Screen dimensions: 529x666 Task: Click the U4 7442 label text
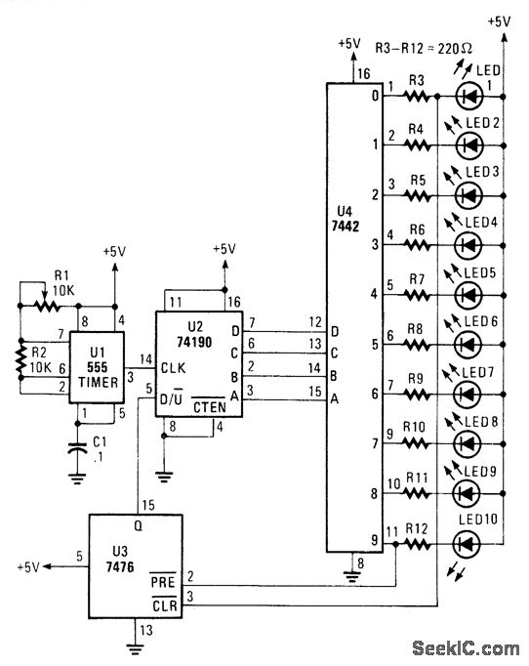(346, 219)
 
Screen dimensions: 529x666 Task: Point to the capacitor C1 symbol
(77, 448)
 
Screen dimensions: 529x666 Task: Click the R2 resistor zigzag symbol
(20, 359)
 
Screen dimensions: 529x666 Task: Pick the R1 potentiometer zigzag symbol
(48, 306)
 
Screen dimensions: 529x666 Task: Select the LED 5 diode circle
(468, 295)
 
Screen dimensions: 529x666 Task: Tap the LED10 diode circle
(467, 543)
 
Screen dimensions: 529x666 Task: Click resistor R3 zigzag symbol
(418, 97)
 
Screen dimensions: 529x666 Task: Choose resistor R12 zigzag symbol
(418, 544)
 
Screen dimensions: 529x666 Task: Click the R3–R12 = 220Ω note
(424, 48)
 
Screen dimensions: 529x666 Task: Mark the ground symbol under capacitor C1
(77, 479)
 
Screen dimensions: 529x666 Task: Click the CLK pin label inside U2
(173, 368)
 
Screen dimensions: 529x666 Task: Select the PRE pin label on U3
(163, 581)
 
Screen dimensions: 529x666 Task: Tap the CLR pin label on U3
(164, 604)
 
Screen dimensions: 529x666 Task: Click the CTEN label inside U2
(209, 405)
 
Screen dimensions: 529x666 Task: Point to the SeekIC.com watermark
(466, 648)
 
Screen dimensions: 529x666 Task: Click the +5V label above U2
(224, 249)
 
